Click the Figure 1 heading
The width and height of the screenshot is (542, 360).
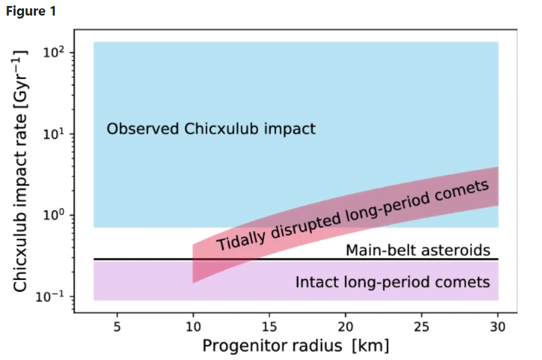31,12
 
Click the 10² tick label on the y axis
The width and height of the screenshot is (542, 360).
54,53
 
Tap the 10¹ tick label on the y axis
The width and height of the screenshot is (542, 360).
54,135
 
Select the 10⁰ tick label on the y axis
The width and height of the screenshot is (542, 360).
54,216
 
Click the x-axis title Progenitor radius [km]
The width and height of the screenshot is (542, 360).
295,346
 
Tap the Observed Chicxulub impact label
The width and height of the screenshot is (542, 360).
211,129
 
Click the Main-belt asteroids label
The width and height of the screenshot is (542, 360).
418,250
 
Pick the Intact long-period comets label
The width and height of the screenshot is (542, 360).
393,282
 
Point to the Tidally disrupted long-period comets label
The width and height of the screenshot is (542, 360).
353,216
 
